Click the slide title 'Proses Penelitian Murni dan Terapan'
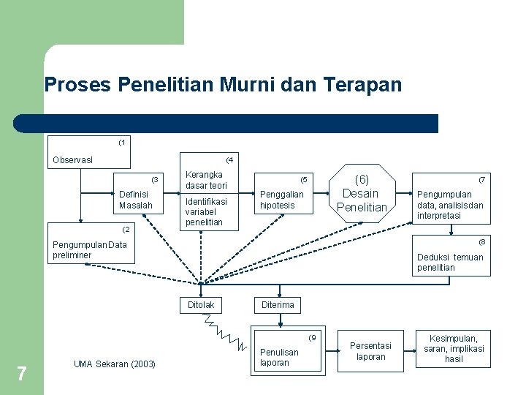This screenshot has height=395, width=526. point(223,85)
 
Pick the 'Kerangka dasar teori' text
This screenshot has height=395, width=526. point(207,180)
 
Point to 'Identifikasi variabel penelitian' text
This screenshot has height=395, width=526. point(207,211)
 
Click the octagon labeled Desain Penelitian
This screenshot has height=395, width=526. point(361,194)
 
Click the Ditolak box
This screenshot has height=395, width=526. point(201,305)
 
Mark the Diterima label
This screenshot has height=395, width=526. point(278,305)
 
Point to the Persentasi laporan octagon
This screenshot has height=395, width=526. point(371,350)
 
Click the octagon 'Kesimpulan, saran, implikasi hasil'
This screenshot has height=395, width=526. point(454,348)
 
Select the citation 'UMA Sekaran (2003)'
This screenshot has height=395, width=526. point(115,364)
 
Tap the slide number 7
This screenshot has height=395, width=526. point(22,375)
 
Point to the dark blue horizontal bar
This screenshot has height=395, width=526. point(226,124)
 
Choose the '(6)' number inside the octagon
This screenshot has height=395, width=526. point(362,178)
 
